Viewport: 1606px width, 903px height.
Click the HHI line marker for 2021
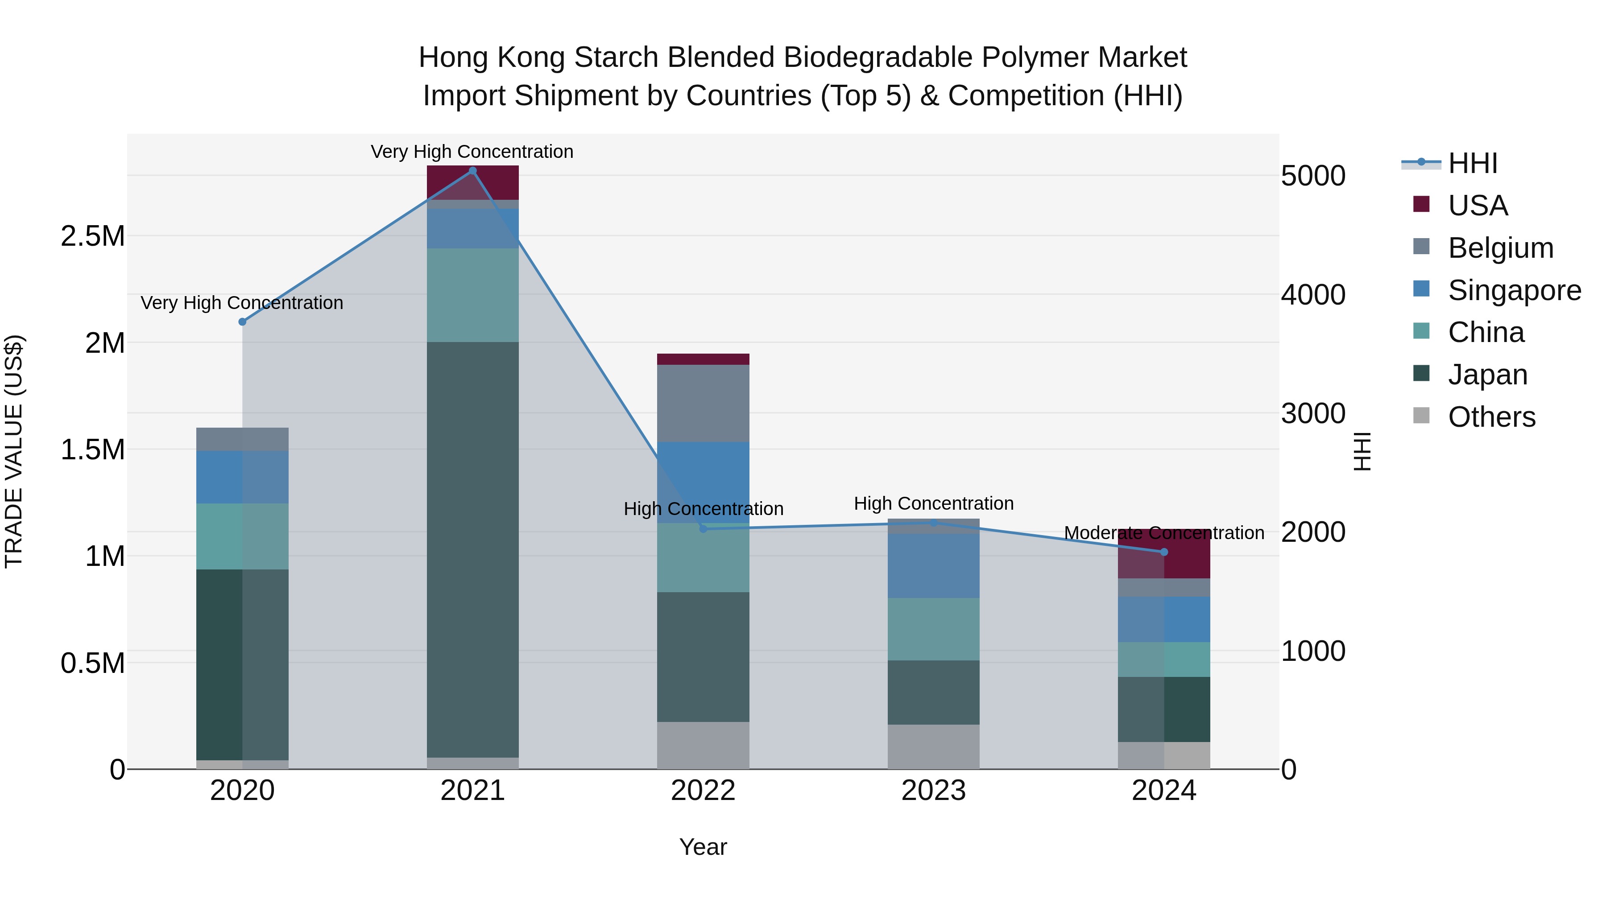pyautogui.click(x=472, y=171)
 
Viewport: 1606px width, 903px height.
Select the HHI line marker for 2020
pyautogui.click(x=243, y=322)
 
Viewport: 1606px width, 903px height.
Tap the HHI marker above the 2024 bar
pyautogui.click(x=1163, y=552)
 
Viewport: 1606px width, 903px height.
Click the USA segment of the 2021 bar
pyautogui.click(x=472, y=182)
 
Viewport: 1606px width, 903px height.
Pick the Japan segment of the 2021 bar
pyautogui.click(x=472, y=548)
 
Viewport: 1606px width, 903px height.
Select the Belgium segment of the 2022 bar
pyautogui.click(x=703, y=403)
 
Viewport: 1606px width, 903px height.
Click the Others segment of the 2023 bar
pyautogui.click(x=933, y=746)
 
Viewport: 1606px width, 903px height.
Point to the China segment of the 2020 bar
pyautogui.click(x=243, y=536)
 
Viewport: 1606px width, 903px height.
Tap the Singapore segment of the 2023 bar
pyautogui.click(x=933, y=565)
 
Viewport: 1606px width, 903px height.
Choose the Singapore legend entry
pyautogui.click(x=1514, y=290)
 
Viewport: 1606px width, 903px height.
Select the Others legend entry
pyautogui.click(x=1491, y=417)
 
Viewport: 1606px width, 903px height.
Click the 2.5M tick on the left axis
pyautogui.click(x=92, y=236)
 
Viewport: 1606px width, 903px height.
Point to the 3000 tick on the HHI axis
pyautogui.click(x=1313, y=413)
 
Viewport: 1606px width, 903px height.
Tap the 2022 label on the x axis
pyautogui.click(x=703, y=791)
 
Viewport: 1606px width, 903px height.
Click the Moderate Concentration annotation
pyautogui.click(x=1163, y=533)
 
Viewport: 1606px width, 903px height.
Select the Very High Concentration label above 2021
pyautogui.click(x=472, y=152)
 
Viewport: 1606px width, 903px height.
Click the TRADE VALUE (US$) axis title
pyautogui.click(x=14, y=451)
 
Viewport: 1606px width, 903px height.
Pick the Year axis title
pyautogui.click(x=703, y=847)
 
